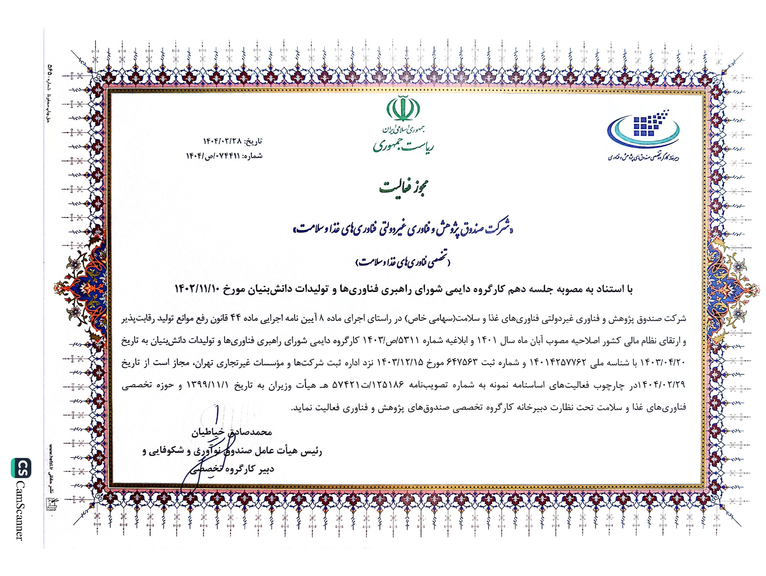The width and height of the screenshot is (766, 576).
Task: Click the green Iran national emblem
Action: point(403,109)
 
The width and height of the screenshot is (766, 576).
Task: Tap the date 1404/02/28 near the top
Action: point(223,141)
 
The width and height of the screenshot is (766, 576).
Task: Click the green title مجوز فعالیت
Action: point(404,187)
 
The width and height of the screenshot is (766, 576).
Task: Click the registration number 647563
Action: point(462,363)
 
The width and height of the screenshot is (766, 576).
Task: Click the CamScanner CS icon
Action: point(21,468)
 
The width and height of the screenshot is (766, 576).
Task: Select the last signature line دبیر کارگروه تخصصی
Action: point(232,469)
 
